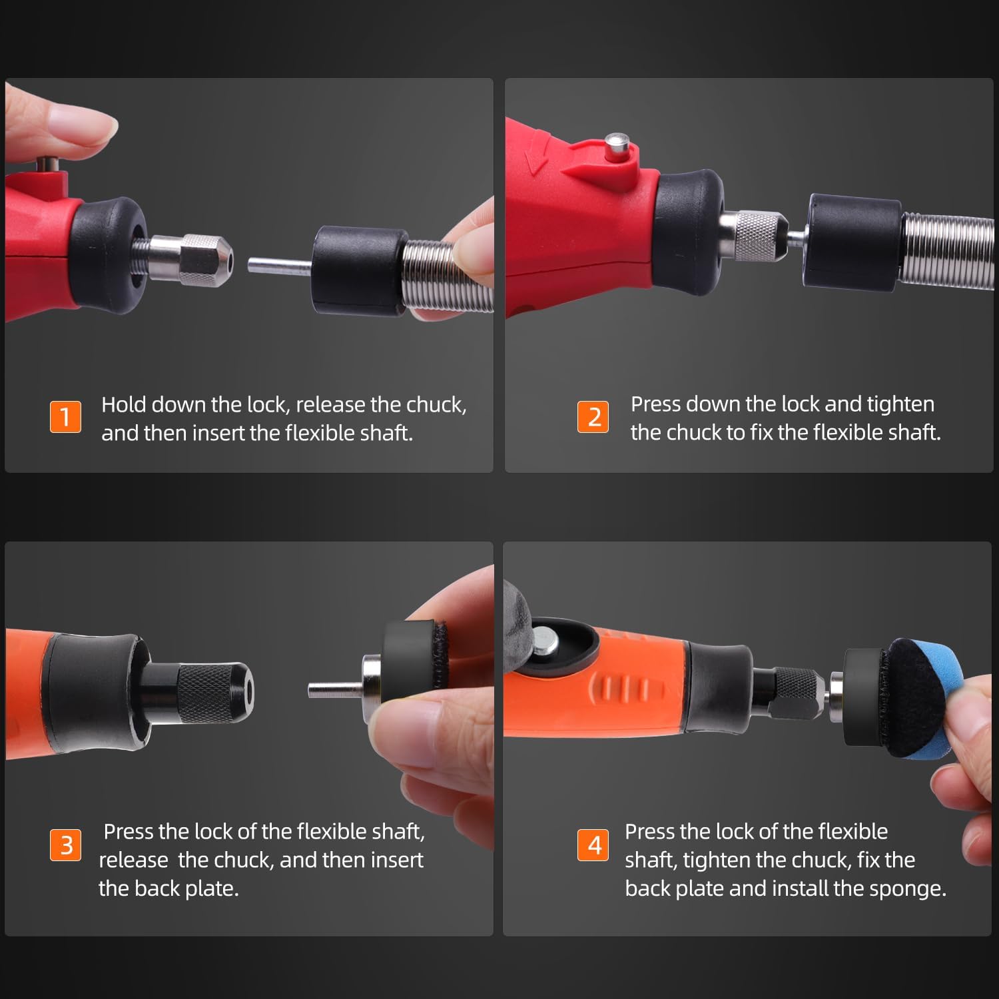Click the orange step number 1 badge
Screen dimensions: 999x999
pos(65,417)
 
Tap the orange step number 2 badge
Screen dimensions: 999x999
pos(593,417)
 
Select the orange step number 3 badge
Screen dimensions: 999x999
pos(65,845)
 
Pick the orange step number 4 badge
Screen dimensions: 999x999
pos(593,845)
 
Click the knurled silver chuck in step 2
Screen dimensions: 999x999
pos(753,236)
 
